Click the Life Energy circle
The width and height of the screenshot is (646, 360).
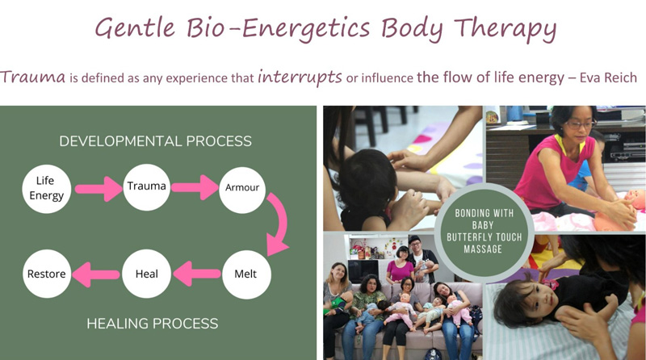click(47, 189)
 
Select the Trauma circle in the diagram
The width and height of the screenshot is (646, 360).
click(146, 187)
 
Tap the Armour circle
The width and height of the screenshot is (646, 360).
click(242, 190)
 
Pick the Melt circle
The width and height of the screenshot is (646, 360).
click(246, 274)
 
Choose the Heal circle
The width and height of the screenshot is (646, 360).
click(147, 274)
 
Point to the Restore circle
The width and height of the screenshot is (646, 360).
click(47, 274)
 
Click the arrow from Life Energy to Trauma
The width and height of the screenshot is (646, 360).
click(99, 189)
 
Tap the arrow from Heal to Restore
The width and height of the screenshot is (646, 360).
click(96, 274)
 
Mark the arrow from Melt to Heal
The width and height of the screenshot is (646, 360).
click(197, 274)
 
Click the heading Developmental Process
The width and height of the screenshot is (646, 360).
click(155, 141)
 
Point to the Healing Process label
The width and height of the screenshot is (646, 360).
click(153, 324)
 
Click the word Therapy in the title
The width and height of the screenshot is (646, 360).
click(505, 29)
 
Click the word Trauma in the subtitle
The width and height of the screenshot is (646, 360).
click(33, 77)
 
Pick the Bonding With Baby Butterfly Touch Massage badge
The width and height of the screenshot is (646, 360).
click(484, 231)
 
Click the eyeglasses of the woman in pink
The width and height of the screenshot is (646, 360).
click(581, 124)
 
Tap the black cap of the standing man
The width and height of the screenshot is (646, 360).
click(414, 239)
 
